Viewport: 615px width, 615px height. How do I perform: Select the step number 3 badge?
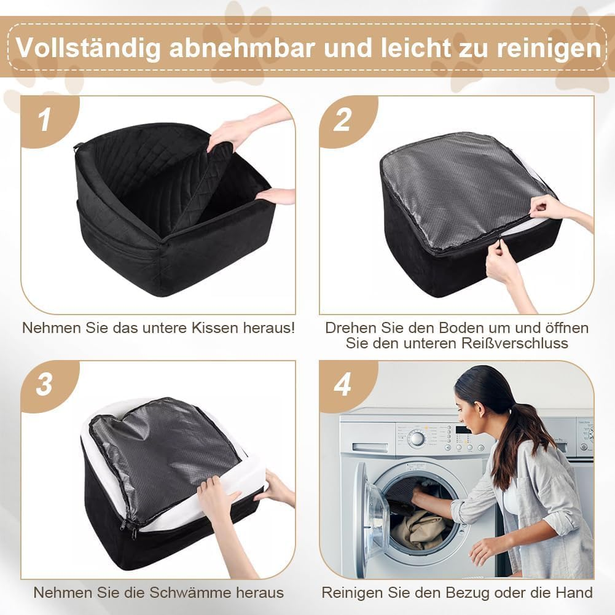click(44, 385)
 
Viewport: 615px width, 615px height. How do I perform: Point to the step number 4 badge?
click(342, 385)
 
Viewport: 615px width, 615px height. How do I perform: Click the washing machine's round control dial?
click(417, 439)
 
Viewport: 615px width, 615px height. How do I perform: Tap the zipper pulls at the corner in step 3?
click(134, 529)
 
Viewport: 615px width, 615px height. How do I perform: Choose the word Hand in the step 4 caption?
click(574, 593)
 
